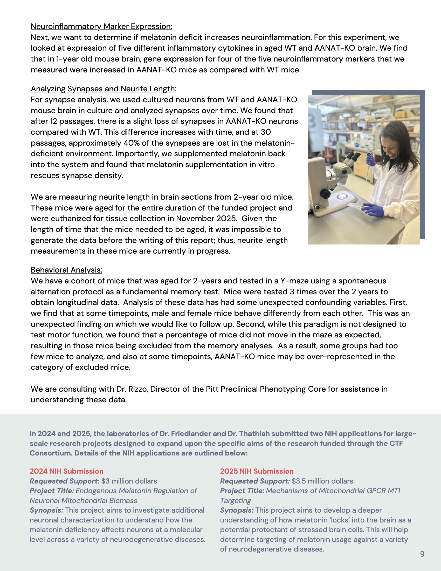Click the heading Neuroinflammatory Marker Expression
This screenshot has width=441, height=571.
coord(101,26)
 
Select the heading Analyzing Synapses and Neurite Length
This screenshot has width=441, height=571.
coord(104,89)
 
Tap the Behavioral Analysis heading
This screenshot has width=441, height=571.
coord(66,270)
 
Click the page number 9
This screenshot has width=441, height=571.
coord(422,554)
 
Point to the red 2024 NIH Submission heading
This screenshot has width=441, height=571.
coord(66,471)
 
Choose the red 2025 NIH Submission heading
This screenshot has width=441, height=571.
coord(257,471)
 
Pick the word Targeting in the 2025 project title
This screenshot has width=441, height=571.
coord(235,500)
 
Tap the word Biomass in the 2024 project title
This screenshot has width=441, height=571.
coord(123,500)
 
